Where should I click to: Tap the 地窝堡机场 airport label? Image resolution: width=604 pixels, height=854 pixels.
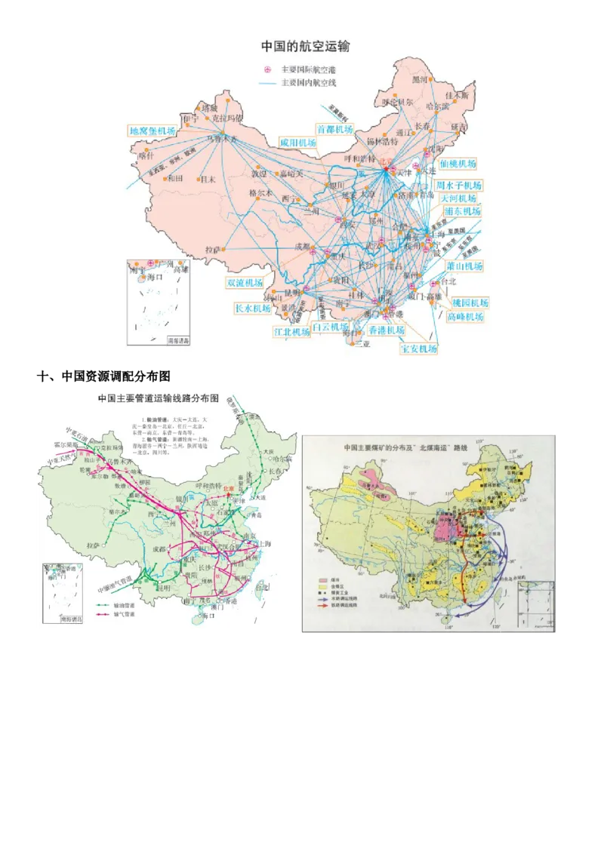(153, 131)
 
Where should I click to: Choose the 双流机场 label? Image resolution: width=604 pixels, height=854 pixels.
(245, 282)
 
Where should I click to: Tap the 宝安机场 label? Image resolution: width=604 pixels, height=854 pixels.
(418, 349)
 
